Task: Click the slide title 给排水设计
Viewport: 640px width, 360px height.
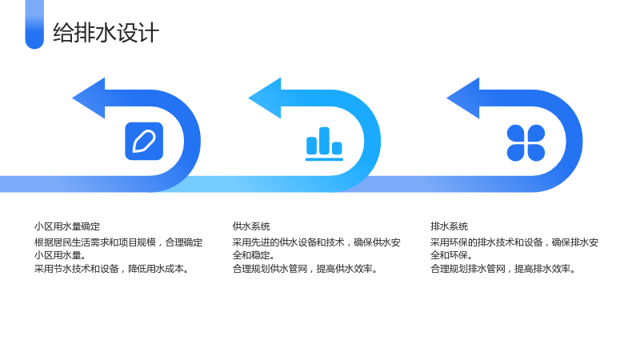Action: pos(106,33)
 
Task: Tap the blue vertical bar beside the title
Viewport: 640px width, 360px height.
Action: pos(34,25)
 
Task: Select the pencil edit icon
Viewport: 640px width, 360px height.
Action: pos(144,142)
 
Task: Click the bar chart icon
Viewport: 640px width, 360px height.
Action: pos(324,144)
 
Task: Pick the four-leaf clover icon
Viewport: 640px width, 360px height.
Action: pos(526,143)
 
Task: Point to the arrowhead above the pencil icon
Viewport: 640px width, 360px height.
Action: pos(89,98)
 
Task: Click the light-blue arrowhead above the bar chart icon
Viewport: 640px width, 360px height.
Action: pos(265,98)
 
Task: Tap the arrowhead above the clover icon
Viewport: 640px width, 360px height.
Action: pos(463,98)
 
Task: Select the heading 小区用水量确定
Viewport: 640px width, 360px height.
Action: pos(67,226)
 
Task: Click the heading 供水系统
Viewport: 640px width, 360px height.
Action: pos(251,226)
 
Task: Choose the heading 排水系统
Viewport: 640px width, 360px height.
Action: pos(450,226)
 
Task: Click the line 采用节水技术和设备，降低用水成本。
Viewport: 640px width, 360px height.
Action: pos(111,269)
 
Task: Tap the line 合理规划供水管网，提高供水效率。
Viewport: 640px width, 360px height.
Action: pos(305,269)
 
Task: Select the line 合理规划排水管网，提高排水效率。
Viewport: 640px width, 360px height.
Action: pos(503,269)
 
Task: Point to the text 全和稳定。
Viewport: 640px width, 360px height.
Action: pos(254,255)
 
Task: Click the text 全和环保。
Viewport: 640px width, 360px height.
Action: pos(451,255)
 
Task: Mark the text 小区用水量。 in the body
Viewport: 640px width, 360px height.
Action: pos(60,255)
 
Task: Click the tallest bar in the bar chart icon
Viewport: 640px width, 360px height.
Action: pos(324,141)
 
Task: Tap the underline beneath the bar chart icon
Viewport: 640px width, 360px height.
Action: pos(324,159)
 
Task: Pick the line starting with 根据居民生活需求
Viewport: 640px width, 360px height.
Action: pos(118,242)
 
